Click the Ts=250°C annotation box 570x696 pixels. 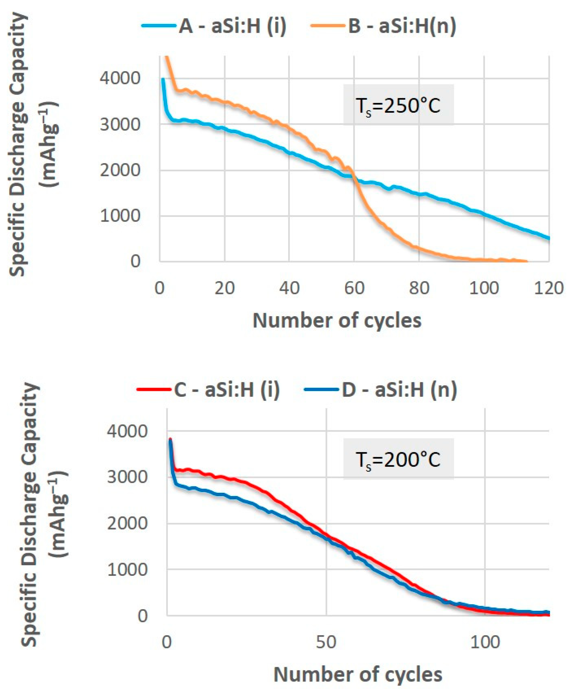click(x=398, y=105)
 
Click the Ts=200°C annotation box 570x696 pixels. click(x=398, y=459)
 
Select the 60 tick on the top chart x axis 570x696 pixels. click(x=354, y=288)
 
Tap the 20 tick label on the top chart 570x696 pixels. click(x=225, y=288)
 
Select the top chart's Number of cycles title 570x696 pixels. click(x=337, y=320)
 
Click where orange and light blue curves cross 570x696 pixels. click(x=355, y=177)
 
